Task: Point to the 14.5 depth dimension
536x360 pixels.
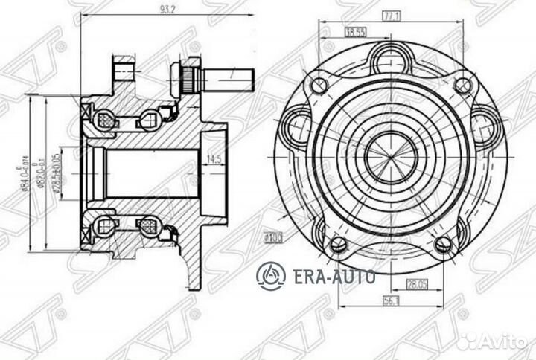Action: coord(214,158)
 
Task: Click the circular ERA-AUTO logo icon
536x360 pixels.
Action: coord(270,277)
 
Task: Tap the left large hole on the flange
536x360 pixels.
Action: coord(298,120)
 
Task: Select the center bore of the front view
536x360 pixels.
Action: coord(390,150)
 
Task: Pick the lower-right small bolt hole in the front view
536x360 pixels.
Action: coord(444,242)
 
